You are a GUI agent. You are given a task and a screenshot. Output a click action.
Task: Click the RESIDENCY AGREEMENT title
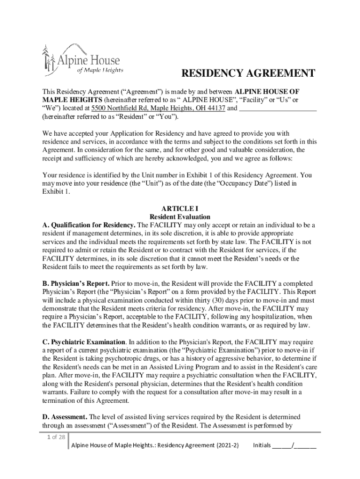click(248, 73)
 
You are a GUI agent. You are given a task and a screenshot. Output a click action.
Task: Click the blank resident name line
click(278, 108)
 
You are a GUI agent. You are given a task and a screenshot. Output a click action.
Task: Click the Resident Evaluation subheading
click(180, 217)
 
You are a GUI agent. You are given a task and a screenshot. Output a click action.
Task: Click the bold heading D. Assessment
click(65, 417)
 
